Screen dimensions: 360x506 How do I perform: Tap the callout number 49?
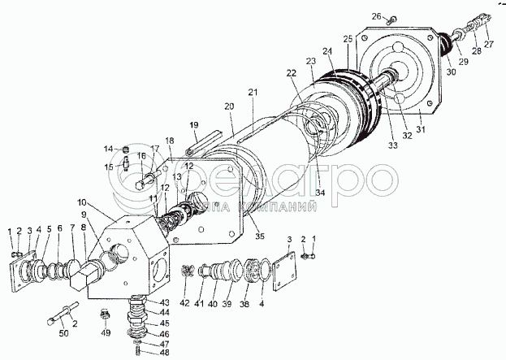pos(106,333)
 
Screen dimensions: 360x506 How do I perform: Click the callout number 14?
pos(107,149)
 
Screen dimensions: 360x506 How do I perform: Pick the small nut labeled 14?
pos(126,149)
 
